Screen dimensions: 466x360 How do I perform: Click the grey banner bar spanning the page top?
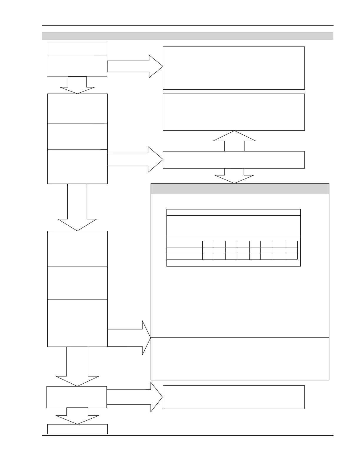(x=188, y=36)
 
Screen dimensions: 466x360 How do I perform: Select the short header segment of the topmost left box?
(x=77, y=49)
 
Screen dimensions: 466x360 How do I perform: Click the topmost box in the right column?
(x=234, y=68)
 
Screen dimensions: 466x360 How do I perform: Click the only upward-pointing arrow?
(x=234, y=141)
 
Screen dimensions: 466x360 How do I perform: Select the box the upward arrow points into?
(x=234, y=112)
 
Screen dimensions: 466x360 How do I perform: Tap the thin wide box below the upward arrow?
(x=234, y=160)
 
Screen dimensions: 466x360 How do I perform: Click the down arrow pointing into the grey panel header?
(x=234, y=176)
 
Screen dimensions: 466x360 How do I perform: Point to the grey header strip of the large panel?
(x=240, y=189)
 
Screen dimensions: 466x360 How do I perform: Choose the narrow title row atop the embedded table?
(x=234, y=212)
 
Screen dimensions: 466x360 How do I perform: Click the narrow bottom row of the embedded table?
(x=234, y=263)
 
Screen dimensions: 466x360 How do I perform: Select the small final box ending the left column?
(x=77, y=429)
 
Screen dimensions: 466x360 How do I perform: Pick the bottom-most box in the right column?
(x=234, y=397)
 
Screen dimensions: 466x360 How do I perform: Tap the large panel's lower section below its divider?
(x=240, y=359)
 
